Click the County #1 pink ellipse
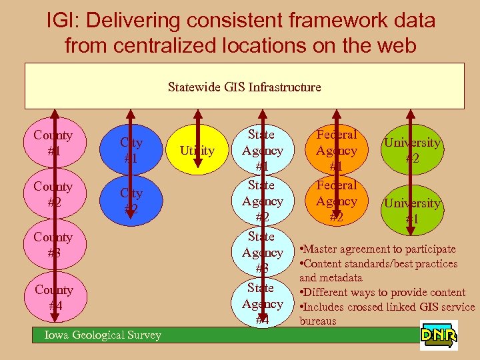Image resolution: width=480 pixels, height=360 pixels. (x=53, y=143)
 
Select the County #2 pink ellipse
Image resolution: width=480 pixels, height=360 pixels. (x=53, y=193)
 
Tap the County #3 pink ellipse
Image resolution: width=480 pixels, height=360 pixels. (x=53, y=245)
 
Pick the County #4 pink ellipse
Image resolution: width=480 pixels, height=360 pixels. (x=53, y=297)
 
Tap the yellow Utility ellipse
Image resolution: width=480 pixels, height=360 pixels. (x=197, y=151)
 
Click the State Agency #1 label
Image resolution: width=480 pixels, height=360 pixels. (x=263, y=151)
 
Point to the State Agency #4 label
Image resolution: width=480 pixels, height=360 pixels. (x=263, y=303)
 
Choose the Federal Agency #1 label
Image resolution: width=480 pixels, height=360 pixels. (x=337, y=151)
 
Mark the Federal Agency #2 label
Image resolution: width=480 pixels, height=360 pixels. (x=337, y=201)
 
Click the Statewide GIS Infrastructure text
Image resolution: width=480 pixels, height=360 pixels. (x=244, y=87)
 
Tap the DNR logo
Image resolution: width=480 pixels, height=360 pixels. (x=439, y=335)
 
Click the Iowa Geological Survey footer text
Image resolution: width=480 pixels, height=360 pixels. (x=103, y=335)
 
